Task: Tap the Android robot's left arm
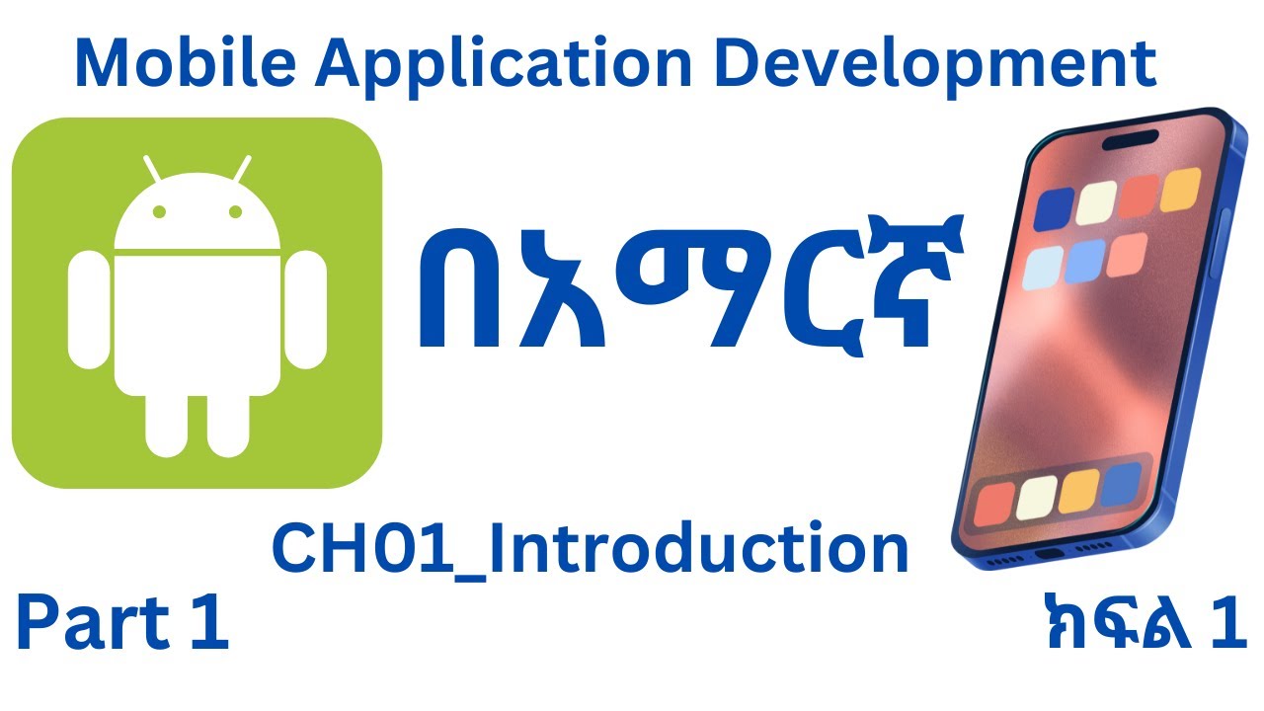click(86, 309)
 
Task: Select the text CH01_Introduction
click(590, 550)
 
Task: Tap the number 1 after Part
click(210, 625)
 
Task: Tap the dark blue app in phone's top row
click(1055, 206)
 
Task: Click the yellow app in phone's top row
click(1180, 189)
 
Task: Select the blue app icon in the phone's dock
click(1120, 483)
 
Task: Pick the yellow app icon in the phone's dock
click(1077, 491)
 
